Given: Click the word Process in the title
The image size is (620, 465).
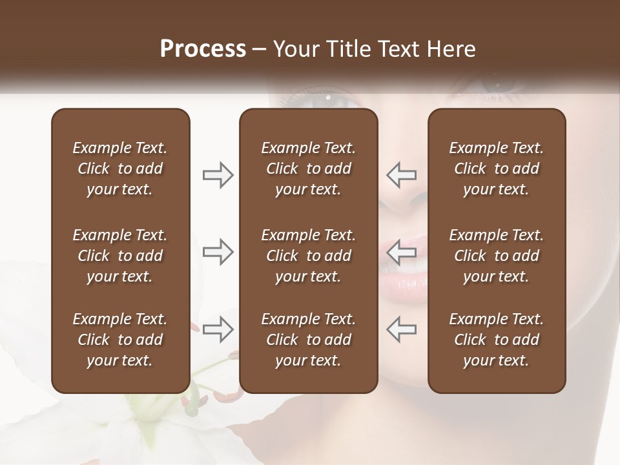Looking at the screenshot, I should (203, 48).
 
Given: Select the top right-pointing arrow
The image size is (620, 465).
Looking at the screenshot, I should (218, 175).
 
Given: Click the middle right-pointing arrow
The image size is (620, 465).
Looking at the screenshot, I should (218, 251).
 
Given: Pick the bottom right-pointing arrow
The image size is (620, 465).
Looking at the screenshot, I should (218, 329).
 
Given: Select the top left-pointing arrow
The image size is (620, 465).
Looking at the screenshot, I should (401, 175).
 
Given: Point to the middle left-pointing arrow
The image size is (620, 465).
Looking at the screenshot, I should (401, 251).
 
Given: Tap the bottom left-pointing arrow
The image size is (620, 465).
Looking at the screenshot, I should (401, 329).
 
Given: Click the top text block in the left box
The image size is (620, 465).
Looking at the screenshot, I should (120, 169).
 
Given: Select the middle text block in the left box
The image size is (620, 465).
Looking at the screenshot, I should (120, 256).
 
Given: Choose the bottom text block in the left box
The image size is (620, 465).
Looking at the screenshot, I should (120, 340).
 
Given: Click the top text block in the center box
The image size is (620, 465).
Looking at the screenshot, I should (309, 169).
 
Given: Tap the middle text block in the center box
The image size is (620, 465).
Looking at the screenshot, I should (309, 256).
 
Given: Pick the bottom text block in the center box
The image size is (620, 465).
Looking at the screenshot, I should (309, 340).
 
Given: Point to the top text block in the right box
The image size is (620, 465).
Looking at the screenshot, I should (497, 169).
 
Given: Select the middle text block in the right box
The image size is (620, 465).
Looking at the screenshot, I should (497, 256).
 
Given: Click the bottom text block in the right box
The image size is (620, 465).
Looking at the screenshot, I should (497, 340).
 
